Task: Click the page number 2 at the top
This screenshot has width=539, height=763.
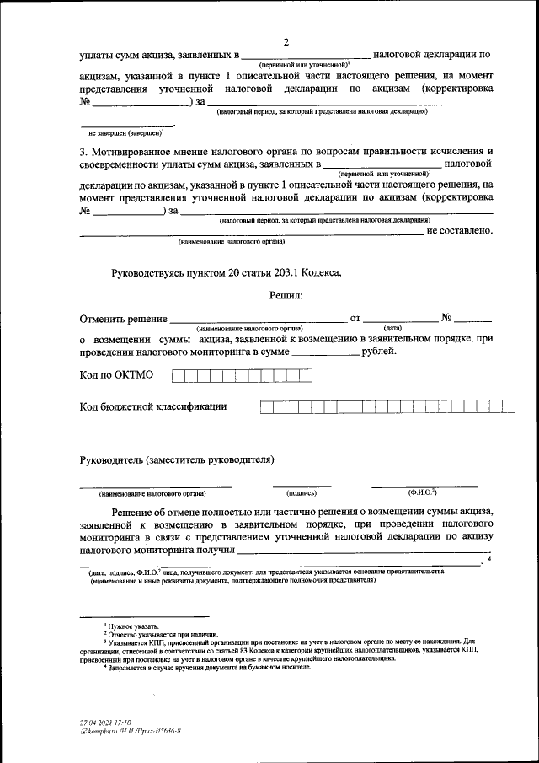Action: pyautogui.click(x=286, y=42)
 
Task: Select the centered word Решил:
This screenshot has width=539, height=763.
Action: pyautogui.click(x=286, y=295)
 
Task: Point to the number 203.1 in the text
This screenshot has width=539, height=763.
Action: pyautogui.click(x=289, y=272)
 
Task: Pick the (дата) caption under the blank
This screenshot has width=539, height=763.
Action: pyautogui.click(x=392, y=327)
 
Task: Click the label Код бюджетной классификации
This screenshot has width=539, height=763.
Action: pyautogui.click(x=152, y=407)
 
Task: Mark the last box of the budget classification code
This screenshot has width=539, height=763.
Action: pyautogui.click(x=510, y=407)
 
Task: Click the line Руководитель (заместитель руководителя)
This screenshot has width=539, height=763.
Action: pyautogui.click(x=177, y=459)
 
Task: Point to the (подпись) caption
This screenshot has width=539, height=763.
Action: pyautogui.click(x=302, y=492)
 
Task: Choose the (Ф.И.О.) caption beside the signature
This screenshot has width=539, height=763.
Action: pyautogui.click(x=422, y=492)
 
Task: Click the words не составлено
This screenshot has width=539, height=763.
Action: pyautogui.click(x=459, y=229)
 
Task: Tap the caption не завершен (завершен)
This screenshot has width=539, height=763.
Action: pyautogui.click(x=125, y=132)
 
